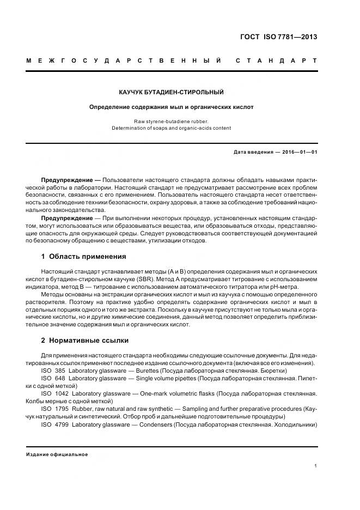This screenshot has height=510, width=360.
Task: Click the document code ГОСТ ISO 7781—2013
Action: click(278, 37)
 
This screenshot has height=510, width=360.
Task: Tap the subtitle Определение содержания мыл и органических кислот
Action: click(172, 107)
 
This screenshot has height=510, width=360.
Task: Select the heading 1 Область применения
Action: click(83, 256)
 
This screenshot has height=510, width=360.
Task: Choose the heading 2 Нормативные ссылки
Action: click(85, 341)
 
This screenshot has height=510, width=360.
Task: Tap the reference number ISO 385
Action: click(53, 371)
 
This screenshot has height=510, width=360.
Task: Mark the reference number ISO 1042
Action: click(54, 393)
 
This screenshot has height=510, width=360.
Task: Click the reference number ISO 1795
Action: click(54, 408)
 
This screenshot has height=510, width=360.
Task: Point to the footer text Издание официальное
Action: click(57, 454)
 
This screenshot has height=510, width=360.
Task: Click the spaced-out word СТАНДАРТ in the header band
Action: click(276, 60)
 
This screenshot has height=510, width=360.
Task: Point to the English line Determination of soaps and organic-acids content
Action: click(172, 128)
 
